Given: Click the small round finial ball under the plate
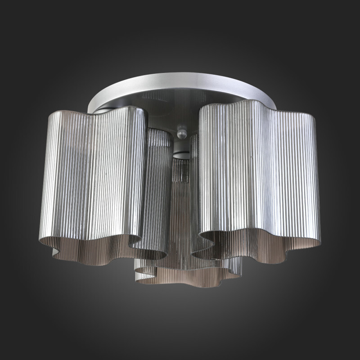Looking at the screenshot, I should pyautogui.click(x=182, y=134).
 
